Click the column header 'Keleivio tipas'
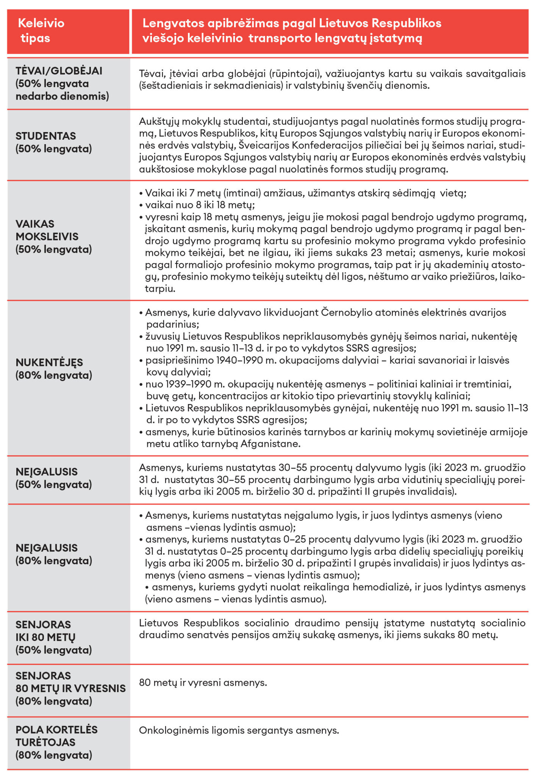pyautogui.click(x=41, y=31)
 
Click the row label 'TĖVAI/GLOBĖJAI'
pyautogui.click(x=59, y=71)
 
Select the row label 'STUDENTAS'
pyautogui.click(x=45, y=136)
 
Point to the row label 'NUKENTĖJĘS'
pyautogui.click(x=49, y=363)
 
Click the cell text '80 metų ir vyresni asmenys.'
pyautogui.click(x=203, y=683)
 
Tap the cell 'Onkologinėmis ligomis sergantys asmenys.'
pyautogui.click(x=239, y=730)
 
